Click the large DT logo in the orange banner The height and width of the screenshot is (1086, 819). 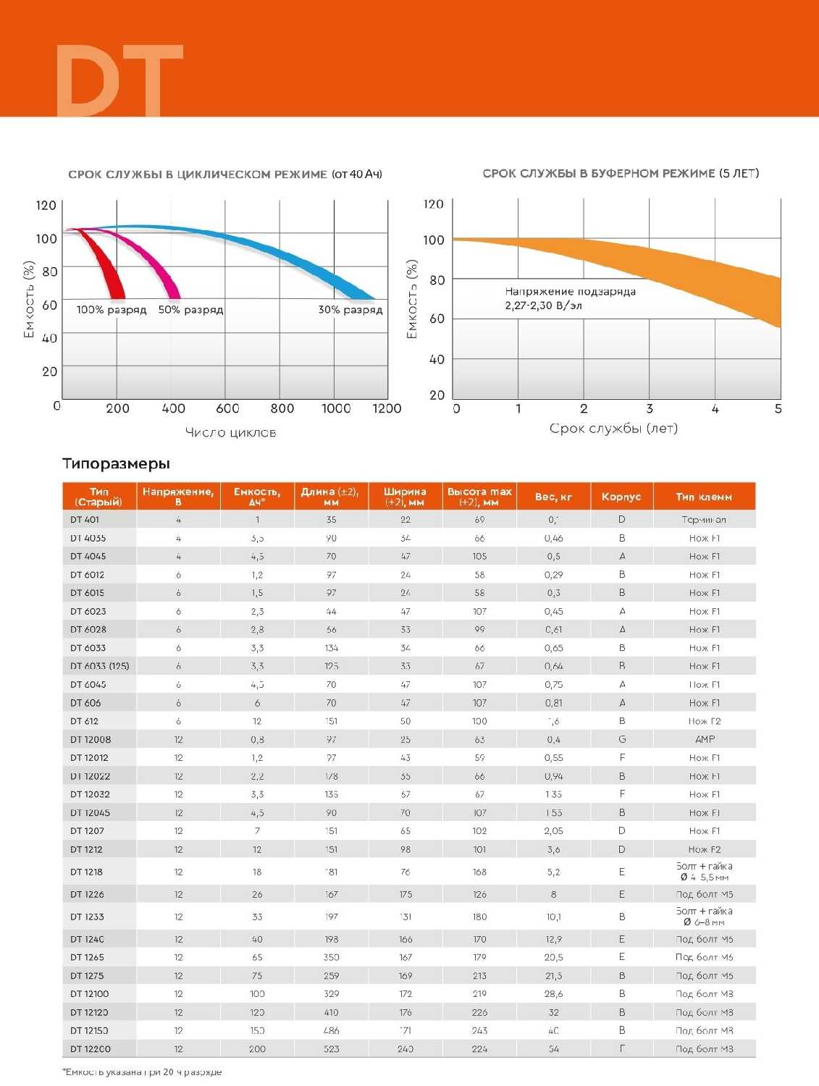[x=119, y=80]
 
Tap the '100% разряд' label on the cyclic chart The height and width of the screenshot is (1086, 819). [x=112, y=310]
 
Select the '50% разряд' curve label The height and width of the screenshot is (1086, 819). [x=190, y=310]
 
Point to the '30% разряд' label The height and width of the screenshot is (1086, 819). [x=350, y=310]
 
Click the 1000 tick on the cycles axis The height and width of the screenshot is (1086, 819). [x=336, y=408]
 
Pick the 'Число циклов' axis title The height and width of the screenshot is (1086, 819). [x=230, y=432]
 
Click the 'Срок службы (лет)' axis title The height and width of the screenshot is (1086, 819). [x=613, y=428]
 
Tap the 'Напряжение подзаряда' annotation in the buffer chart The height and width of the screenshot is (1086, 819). [x=571, y=292]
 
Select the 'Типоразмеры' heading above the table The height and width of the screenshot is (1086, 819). [x=116, y=463]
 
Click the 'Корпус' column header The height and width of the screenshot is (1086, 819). [x=621, y=497]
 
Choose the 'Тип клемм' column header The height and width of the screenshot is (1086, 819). [x=704, y=497]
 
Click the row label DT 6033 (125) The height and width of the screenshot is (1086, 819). [x=100, y=666]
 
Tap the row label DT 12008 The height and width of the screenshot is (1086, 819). [x=91, y=739]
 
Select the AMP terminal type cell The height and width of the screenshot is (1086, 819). [x=705, y=739]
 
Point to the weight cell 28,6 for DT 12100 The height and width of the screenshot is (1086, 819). [x=554, y=994]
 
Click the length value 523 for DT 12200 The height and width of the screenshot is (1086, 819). [x=332, y=1049]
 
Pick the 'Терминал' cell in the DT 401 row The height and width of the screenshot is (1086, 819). [x=704, y=520]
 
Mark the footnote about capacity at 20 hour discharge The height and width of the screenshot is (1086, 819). [x=142, y=1072]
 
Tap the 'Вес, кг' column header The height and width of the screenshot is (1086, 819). [x=554, y=497]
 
